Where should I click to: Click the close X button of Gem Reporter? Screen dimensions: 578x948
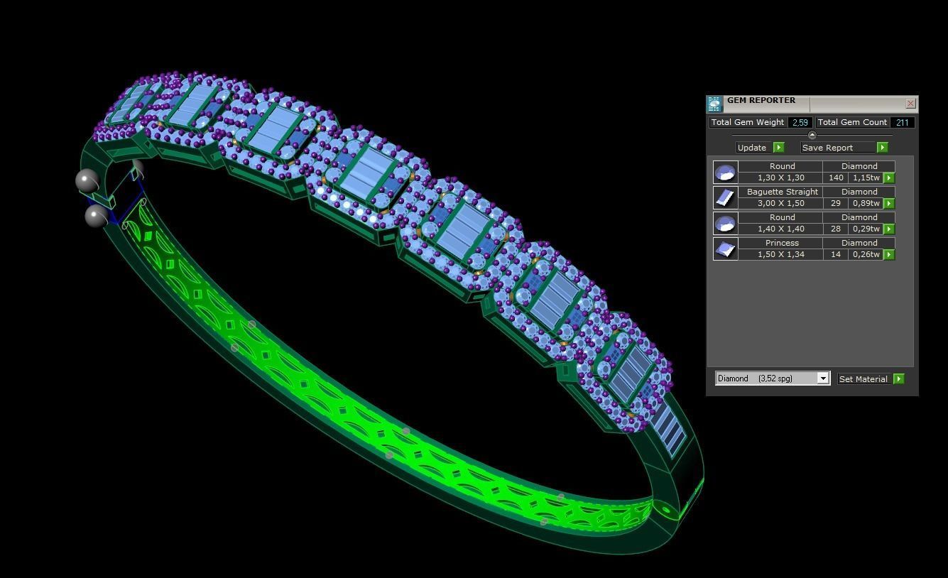pyautogui.click(x=910, y=104)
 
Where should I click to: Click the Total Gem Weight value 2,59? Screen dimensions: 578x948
pyautogui.click(x=800, y=123)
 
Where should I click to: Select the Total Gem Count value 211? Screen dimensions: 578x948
pyautogui.click(x=902, y=123)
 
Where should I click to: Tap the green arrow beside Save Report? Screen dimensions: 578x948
pyautogui.click(x=882, y=148)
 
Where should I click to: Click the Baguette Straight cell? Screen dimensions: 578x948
pyautogui.click(x=782, y=192)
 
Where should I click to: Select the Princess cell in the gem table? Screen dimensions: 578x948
pyautogui.click(x=782, y=243)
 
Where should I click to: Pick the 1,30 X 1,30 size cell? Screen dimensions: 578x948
pyautogui.click(x=780, y=178)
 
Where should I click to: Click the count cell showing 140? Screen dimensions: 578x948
pyautogui.click(x=836, y=178)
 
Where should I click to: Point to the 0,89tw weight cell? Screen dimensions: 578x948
pyautogui.click(x=866, y=204)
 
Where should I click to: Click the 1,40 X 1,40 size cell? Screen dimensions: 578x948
pyautogui.click(x=780, y=229)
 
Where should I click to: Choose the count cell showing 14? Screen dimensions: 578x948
pyautogui.click(x=836, y=255)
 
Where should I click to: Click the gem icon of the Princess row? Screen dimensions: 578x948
pyautogui.click(x=725, y=249)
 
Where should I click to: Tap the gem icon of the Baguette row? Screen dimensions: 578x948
pyautogui.click(x=725, y=198)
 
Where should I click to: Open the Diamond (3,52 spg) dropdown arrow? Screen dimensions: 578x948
pyautogui.click(x=823, y=378)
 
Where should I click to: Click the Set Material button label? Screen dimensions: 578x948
pyautogui.click(x=863, y=379)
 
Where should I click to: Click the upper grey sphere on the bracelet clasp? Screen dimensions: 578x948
pyautogui.click(x=87, y=181)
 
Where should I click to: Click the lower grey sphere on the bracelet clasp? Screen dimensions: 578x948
pyautogui.click(x=96, y=216)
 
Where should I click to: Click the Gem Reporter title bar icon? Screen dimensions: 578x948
pyautogui.click(x=714, y=104)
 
